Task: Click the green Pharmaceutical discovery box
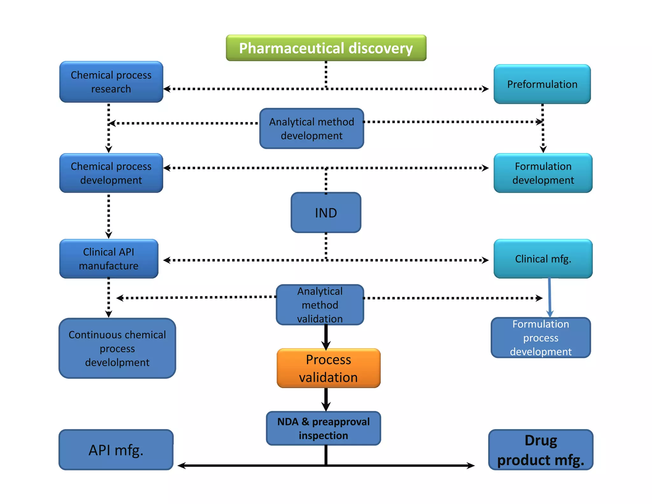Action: [326, 48]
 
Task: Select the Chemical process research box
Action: [111, 82]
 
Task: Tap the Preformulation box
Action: [542, 84]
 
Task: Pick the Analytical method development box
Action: [312, 128]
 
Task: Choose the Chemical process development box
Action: [111, 173]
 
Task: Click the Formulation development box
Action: [543, 173]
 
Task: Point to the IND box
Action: [326, 212]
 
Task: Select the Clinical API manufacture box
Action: [109, 259]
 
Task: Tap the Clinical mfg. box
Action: [543, 259]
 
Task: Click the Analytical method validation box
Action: [320, 305]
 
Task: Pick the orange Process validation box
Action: [329, 368]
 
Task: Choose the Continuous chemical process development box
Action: [117, 348]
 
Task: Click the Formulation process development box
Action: [541, 338]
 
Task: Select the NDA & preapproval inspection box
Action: [323, 428]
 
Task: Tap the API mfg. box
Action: [116, 450]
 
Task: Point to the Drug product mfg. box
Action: [541, 450]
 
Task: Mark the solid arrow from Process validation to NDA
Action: [326, 399]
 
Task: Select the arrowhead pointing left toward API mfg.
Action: [181, 465]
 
